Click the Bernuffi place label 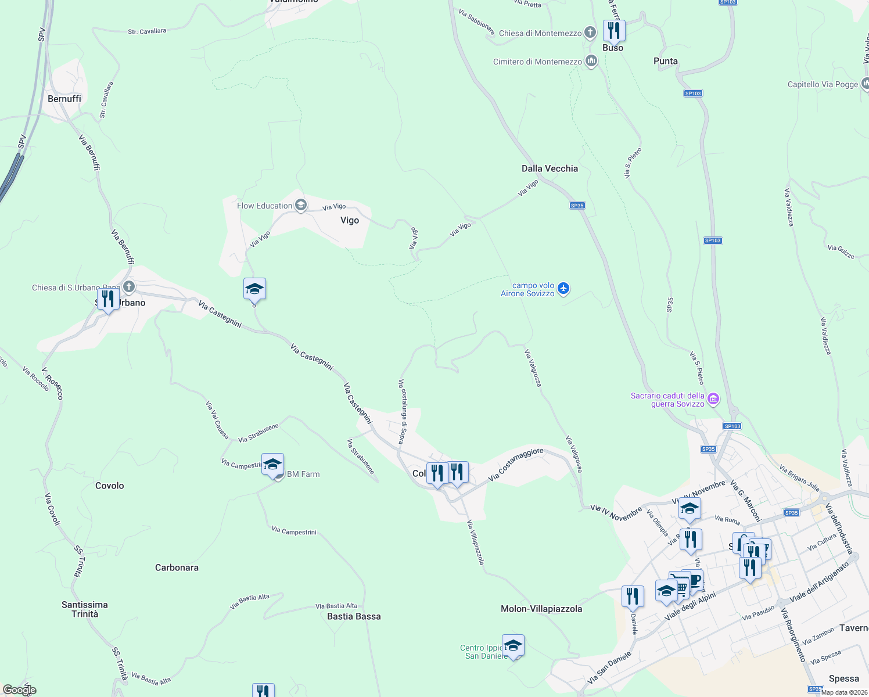tap(64, 99)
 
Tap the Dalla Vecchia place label tap(550, 168)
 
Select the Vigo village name tap(350, 220)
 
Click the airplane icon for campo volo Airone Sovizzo tap(563, 289)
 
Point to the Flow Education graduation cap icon tap(301, 205)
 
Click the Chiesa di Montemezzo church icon tap(590, 33)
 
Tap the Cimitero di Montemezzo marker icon tap(591, 61)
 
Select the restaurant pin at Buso tap(614, 30)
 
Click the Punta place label tap(665, 61)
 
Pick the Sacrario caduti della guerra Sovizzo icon tap(713, 399)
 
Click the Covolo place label tap(109, 486)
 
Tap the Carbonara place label tap(177, 567)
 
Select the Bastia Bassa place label tap(354, 616)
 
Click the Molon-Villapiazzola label tap(541, 609)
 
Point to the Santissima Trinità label tap(85, 609)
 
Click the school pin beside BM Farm tap(272, 465)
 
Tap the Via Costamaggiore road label tap(516, 464)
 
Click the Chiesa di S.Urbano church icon tap(129, 287)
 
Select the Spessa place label tap(843, 678)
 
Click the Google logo tap(19, 690)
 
